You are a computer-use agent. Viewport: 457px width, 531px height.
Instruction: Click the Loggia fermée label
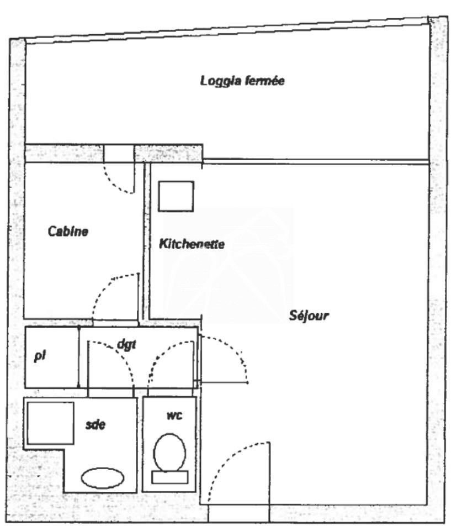[x=242, y=81]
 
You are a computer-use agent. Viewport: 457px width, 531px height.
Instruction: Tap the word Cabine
[x=68, y=232]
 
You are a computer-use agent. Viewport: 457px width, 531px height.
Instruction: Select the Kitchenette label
[x=192, y=244]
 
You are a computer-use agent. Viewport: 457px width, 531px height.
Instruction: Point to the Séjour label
[x=309, y=316]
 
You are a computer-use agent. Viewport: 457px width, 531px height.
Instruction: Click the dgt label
[x=126, y=344]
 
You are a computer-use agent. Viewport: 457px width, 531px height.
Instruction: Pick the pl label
[x=40, y=356]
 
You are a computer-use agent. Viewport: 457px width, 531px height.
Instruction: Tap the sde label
[x=95, y=424]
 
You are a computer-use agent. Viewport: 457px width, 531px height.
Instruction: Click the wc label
[x=174, y=415]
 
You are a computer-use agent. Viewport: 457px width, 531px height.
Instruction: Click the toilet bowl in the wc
[x=170, y=453]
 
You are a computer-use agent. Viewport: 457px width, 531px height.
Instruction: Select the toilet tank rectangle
[x=170, y=477]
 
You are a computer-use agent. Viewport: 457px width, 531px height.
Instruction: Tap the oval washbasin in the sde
[x=103, y=478]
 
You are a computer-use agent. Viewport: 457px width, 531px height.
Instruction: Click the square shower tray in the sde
[x=51, y=423]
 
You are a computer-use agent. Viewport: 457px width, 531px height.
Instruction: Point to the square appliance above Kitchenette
[x=176, y=196]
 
